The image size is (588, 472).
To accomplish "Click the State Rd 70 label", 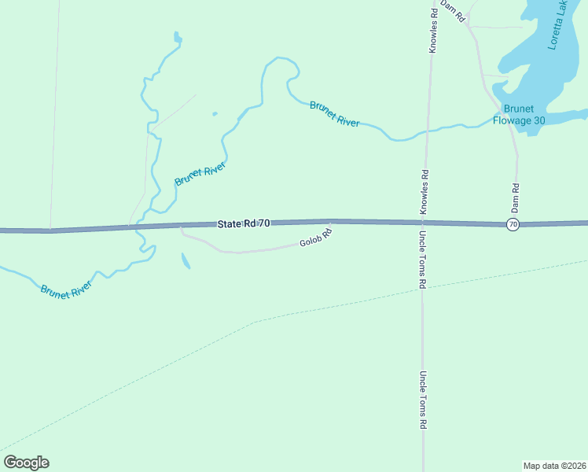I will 244,224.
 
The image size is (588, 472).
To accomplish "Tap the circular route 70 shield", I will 513,225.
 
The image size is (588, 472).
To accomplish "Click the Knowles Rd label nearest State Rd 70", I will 424,193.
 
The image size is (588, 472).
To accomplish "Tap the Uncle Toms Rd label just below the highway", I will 423,260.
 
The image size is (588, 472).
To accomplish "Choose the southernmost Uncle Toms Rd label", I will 423,400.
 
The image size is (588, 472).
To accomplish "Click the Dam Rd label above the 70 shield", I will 516,195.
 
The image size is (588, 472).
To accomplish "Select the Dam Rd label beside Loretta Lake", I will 454,9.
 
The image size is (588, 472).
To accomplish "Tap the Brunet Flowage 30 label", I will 519,115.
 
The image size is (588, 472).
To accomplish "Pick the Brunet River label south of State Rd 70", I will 66,287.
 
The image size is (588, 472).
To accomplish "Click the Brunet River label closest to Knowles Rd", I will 335,114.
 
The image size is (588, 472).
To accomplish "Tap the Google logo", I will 26,463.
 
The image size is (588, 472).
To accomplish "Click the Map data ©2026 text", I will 554,466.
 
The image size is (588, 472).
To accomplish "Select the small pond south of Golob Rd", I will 185,260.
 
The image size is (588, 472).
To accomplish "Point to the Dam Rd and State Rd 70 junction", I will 517,224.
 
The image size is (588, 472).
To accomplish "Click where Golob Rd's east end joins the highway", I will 331,223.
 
